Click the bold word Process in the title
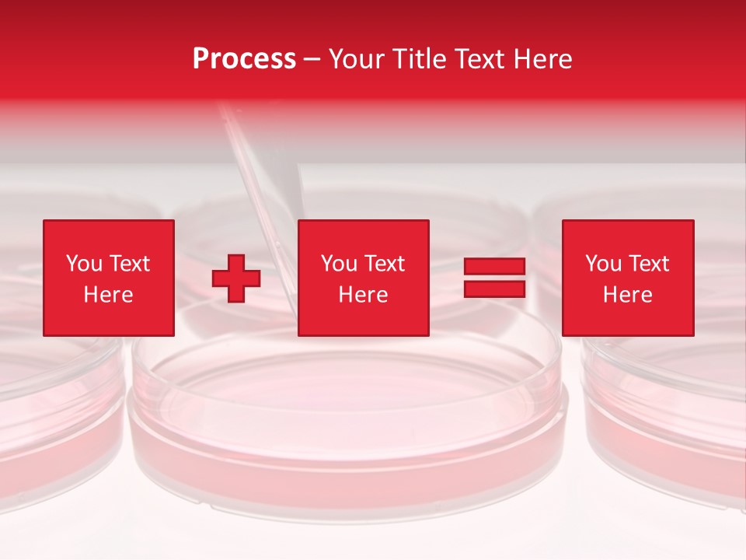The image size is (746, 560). pos(244,59)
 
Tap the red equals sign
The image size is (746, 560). pos(494,278)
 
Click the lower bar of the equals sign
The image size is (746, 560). pos(494,289)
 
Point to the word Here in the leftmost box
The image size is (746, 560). pos(108,295)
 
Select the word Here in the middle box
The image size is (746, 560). pos(363,295)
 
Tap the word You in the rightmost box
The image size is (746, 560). pos(603,264)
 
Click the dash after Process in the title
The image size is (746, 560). pos(312,60)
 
